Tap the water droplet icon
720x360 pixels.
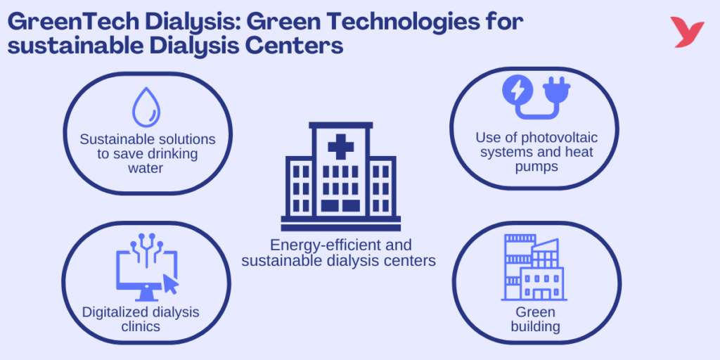[146, 107]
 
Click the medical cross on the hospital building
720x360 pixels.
[340, 148]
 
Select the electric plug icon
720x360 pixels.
[556, 93]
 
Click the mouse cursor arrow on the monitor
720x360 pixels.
[171, 283]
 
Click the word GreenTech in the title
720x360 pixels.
[73, 22]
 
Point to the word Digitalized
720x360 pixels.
[120, 311]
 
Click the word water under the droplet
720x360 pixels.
[148, 168]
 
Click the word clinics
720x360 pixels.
[141, 326]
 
